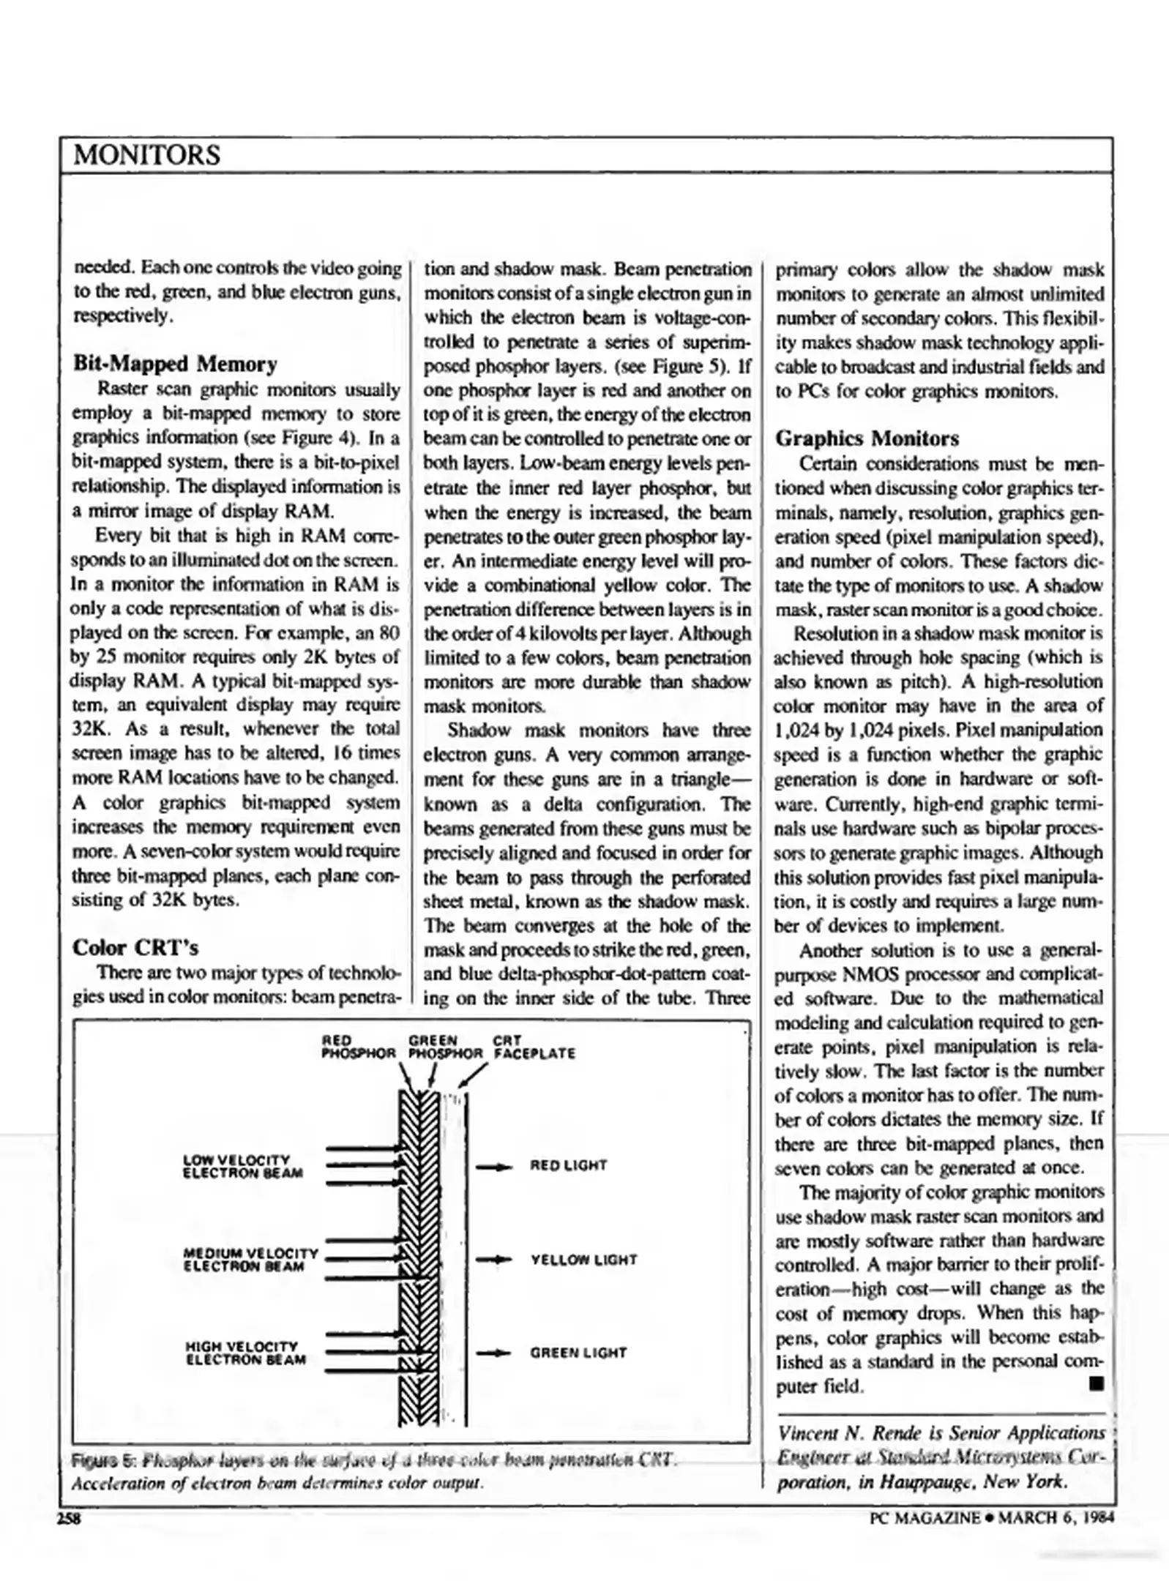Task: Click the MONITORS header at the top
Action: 146,155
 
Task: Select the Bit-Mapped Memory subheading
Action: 175,364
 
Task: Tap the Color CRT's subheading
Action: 135,948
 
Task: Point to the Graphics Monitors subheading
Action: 867,438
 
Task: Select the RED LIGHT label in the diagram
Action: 568,1165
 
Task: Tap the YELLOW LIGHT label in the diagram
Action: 583,1260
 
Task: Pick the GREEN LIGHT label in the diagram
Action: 578,1353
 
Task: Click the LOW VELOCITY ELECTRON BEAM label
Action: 242,1167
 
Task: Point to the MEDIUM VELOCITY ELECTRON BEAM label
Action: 250,1260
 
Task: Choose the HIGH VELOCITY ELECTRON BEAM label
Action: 245,1353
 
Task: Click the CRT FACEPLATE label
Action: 534,1048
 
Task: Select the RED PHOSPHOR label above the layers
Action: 358,1048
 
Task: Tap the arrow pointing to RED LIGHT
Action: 493,1168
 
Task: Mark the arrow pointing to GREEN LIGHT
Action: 493,1354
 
